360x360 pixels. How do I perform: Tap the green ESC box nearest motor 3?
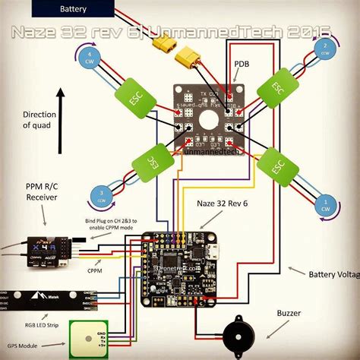(x=153, y=161)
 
